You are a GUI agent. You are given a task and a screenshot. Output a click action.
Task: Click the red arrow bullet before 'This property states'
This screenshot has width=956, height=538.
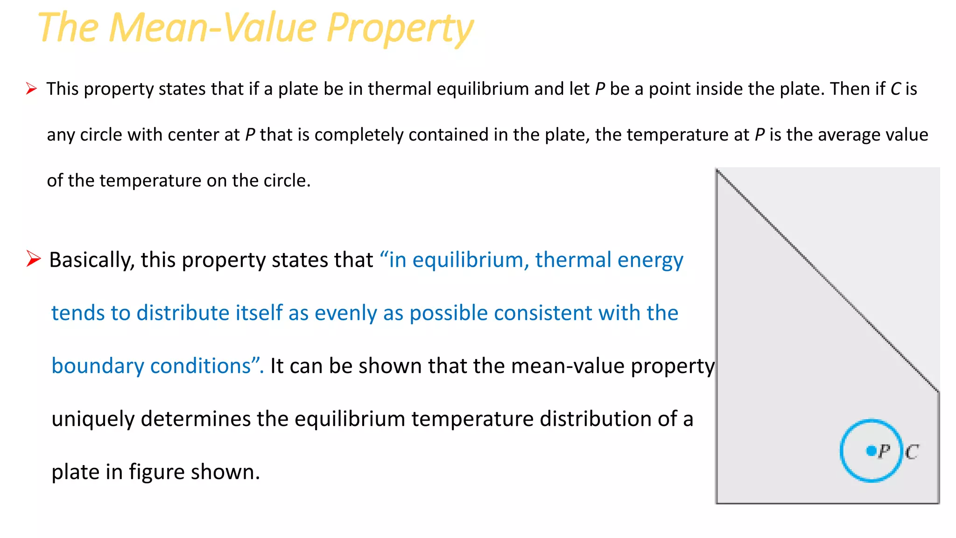[x=31, y=88]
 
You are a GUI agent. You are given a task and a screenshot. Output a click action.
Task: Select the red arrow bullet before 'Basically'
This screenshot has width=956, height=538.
[x=34, y=259]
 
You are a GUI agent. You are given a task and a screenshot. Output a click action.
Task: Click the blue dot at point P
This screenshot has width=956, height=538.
[x=871, y=451]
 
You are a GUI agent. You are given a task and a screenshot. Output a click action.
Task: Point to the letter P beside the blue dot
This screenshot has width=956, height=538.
[x=884, y=452]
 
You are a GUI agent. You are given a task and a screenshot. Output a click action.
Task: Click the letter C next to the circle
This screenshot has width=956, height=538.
[x=912, y=452]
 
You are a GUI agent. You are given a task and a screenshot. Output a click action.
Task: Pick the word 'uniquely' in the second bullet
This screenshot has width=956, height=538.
[x=93, y=419]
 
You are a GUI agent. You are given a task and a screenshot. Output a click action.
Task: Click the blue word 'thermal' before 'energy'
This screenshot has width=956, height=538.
[x=573, y=260]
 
